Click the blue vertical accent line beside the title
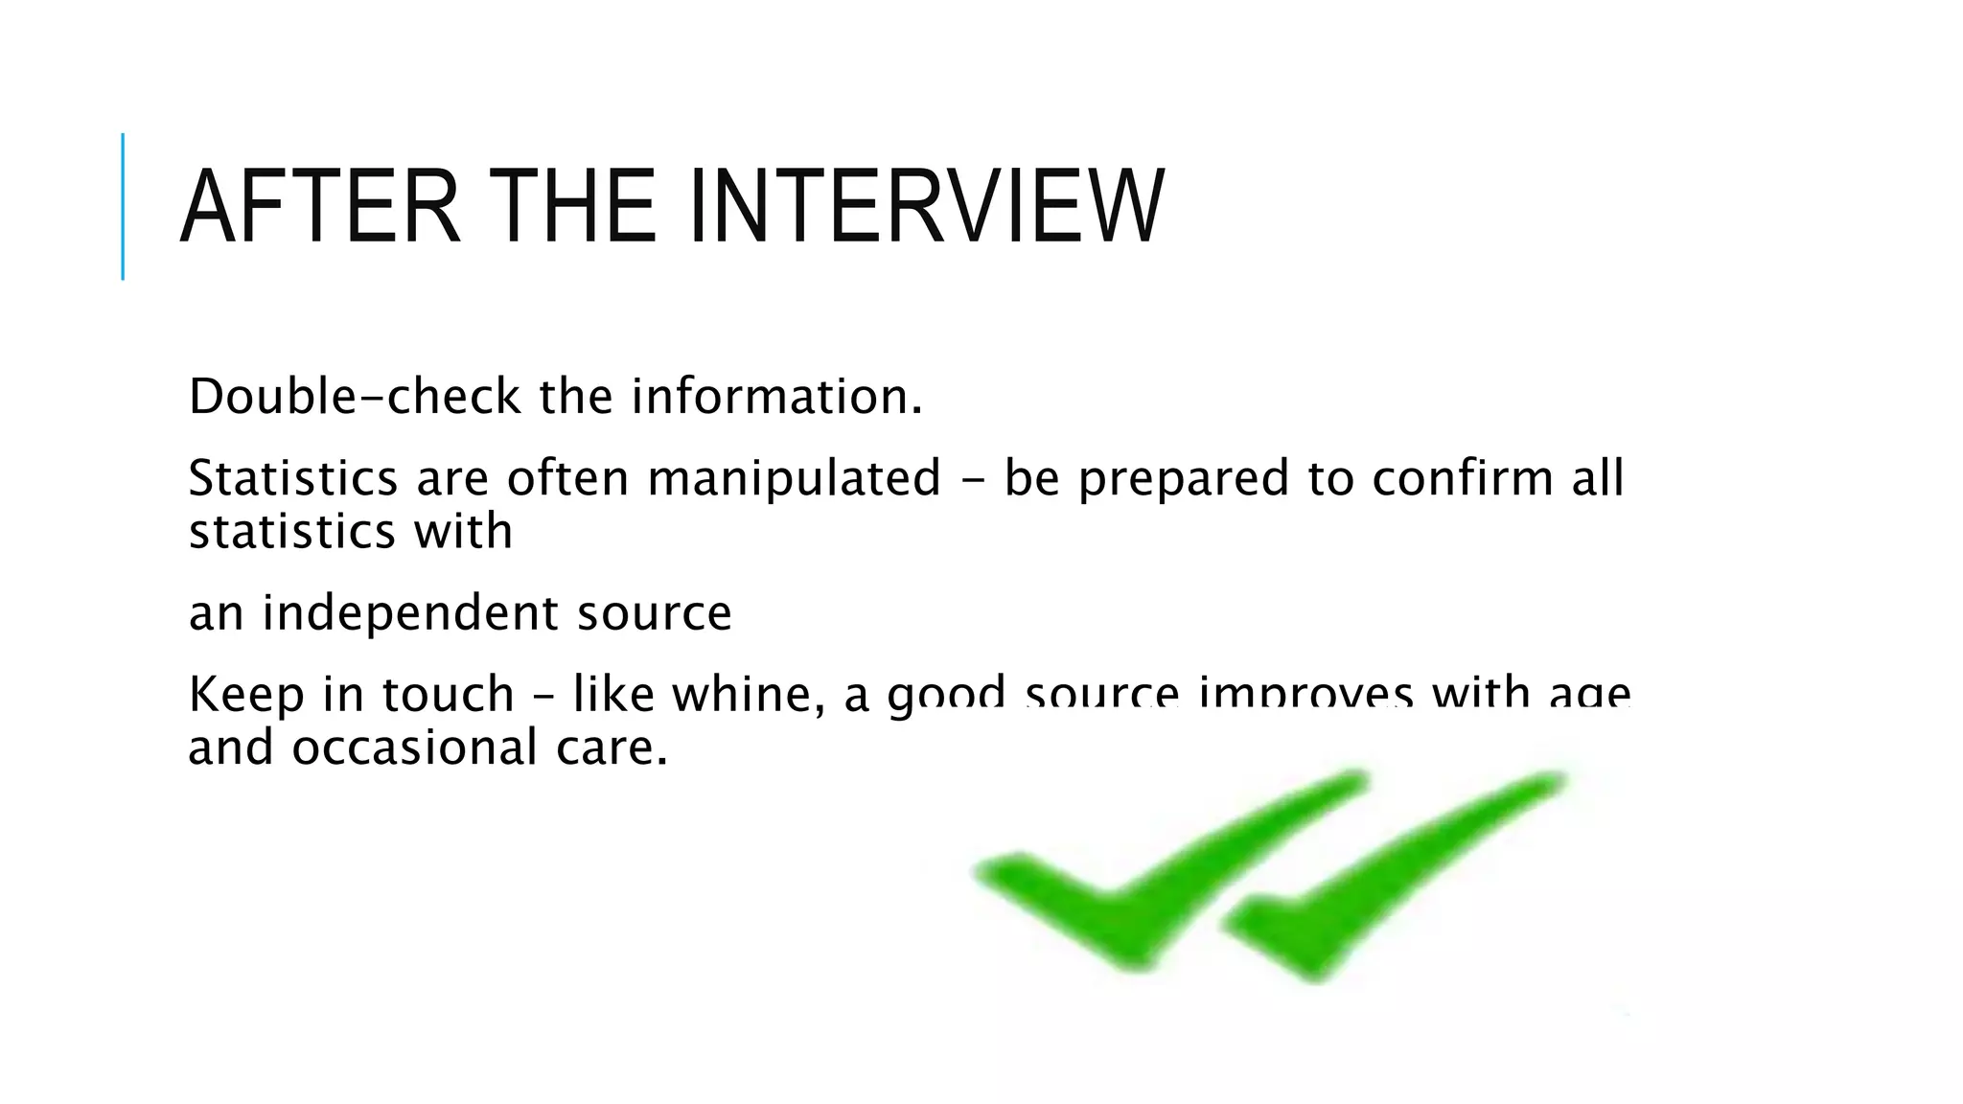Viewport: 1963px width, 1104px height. coord(123,206)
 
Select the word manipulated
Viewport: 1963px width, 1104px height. coord(795,478)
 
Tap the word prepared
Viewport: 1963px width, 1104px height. coord(1183,478)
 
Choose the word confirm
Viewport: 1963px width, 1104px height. coord(1462,478)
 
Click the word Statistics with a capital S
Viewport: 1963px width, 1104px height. coord(292,478)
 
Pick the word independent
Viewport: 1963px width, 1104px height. coord(409,613)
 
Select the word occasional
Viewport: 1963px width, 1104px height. coord(415,747)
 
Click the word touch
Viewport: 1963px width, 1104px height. coord(449,695)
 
